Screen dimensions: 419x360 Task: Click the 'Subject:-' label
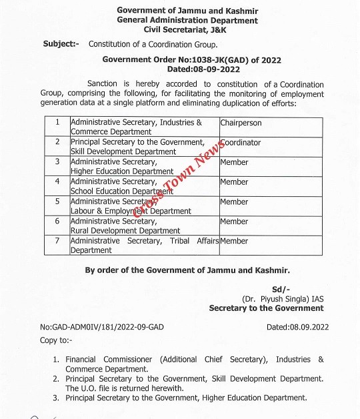61,44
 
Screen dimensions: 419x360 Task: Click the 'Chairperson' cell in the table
241,123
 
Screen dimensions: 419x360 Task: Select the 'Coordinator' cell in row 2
241,143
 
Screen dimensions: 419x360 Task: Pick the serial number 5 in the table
57,201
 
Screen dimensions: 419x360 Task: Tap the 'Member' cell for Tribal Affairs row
234,241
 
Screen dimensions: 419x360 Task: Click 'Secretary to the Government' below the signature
266,308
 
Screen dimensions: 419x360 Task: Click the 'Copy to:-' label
55,340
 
